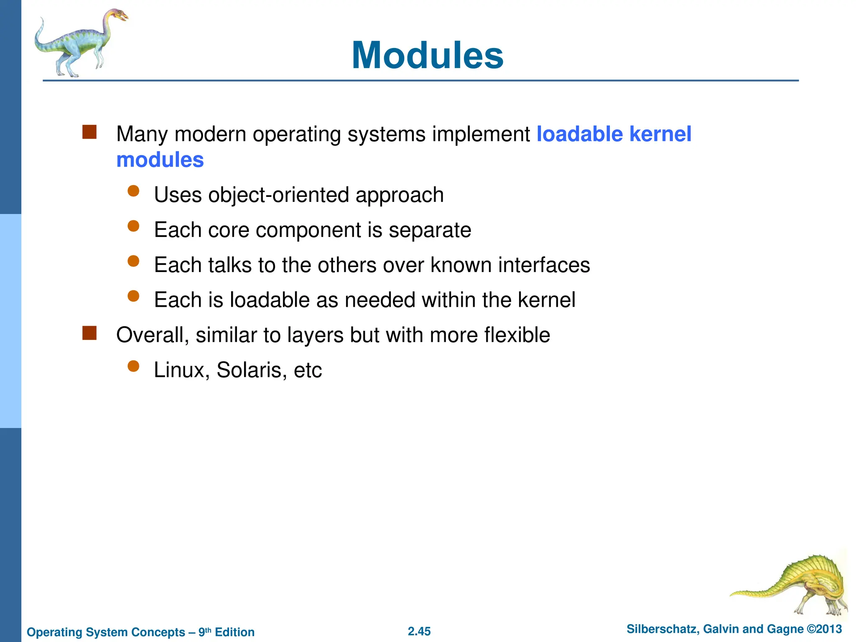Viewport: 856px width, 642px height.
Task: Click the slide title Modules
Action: pyautogui.click(x=428, y=56)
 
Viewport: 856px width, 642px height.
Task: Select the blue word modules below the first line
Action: pyautogui.click(x=160, y=160)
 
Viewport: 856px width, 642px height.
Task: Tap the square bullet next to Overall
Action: pyautogui.click(x=89, y=333)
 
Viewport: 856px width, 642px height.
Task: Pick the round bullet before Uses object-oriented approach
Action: pyautogui.click(x=133, y=191)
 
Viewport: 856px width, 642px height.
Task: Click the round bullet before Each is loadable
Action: pyautogui.click(x=133, y=296)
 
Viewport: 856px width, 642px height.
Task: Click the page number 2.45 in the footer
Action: pyautogui.click(x=419, y=632)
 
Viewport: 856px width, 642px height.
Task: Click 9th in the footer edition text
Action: pyautogui.click(x=204, y=632)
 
